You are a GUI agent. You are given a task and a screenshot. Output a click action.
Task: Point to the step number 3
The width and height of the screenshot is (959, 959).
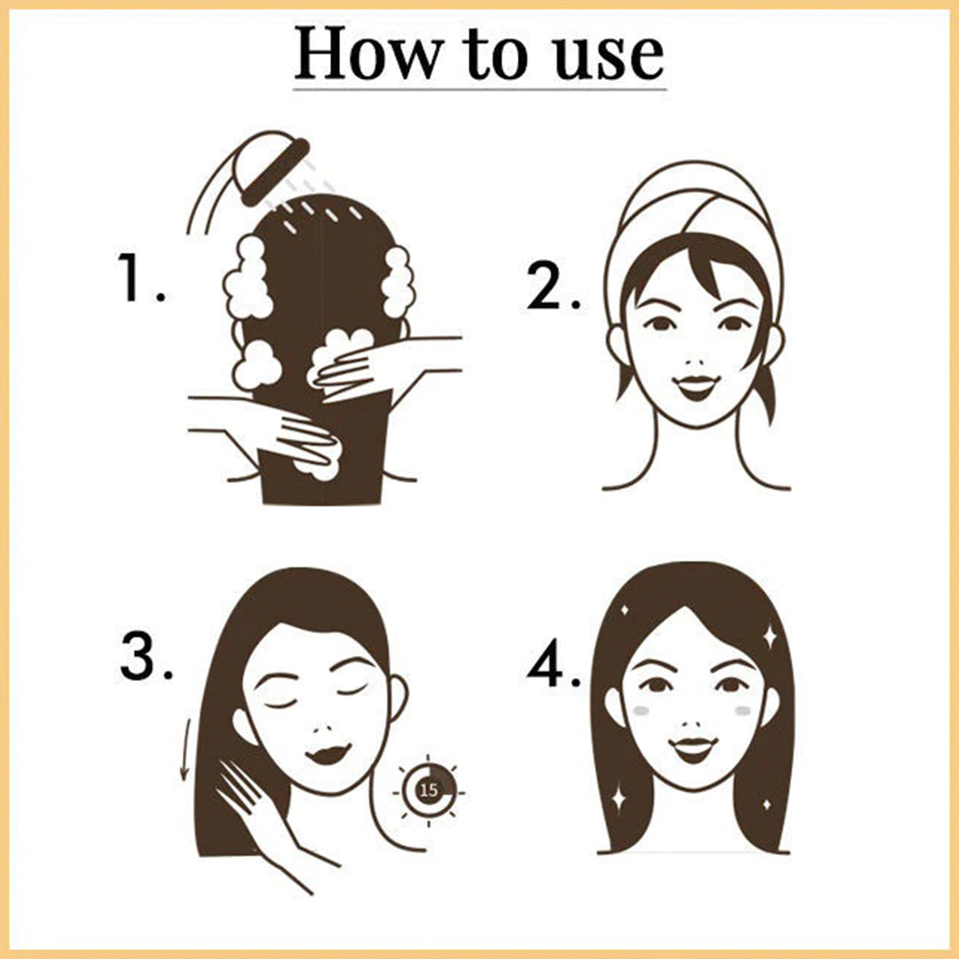pyautogui.click(x=147, y=656)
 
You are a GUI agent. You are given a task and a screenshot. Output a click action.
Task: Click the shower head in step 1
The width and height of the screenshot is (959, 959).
pyautogui.click(x=273, y=168)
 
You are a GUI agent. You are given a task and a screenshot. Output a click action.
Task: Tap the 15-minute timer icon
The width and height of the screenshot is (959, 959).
pyautogui.click(x=429, y=789)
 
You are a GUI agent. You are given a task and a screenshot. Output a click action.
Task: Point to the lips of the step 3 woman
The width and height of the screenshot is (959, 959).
pyautogui.click(x=329, y=753)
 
